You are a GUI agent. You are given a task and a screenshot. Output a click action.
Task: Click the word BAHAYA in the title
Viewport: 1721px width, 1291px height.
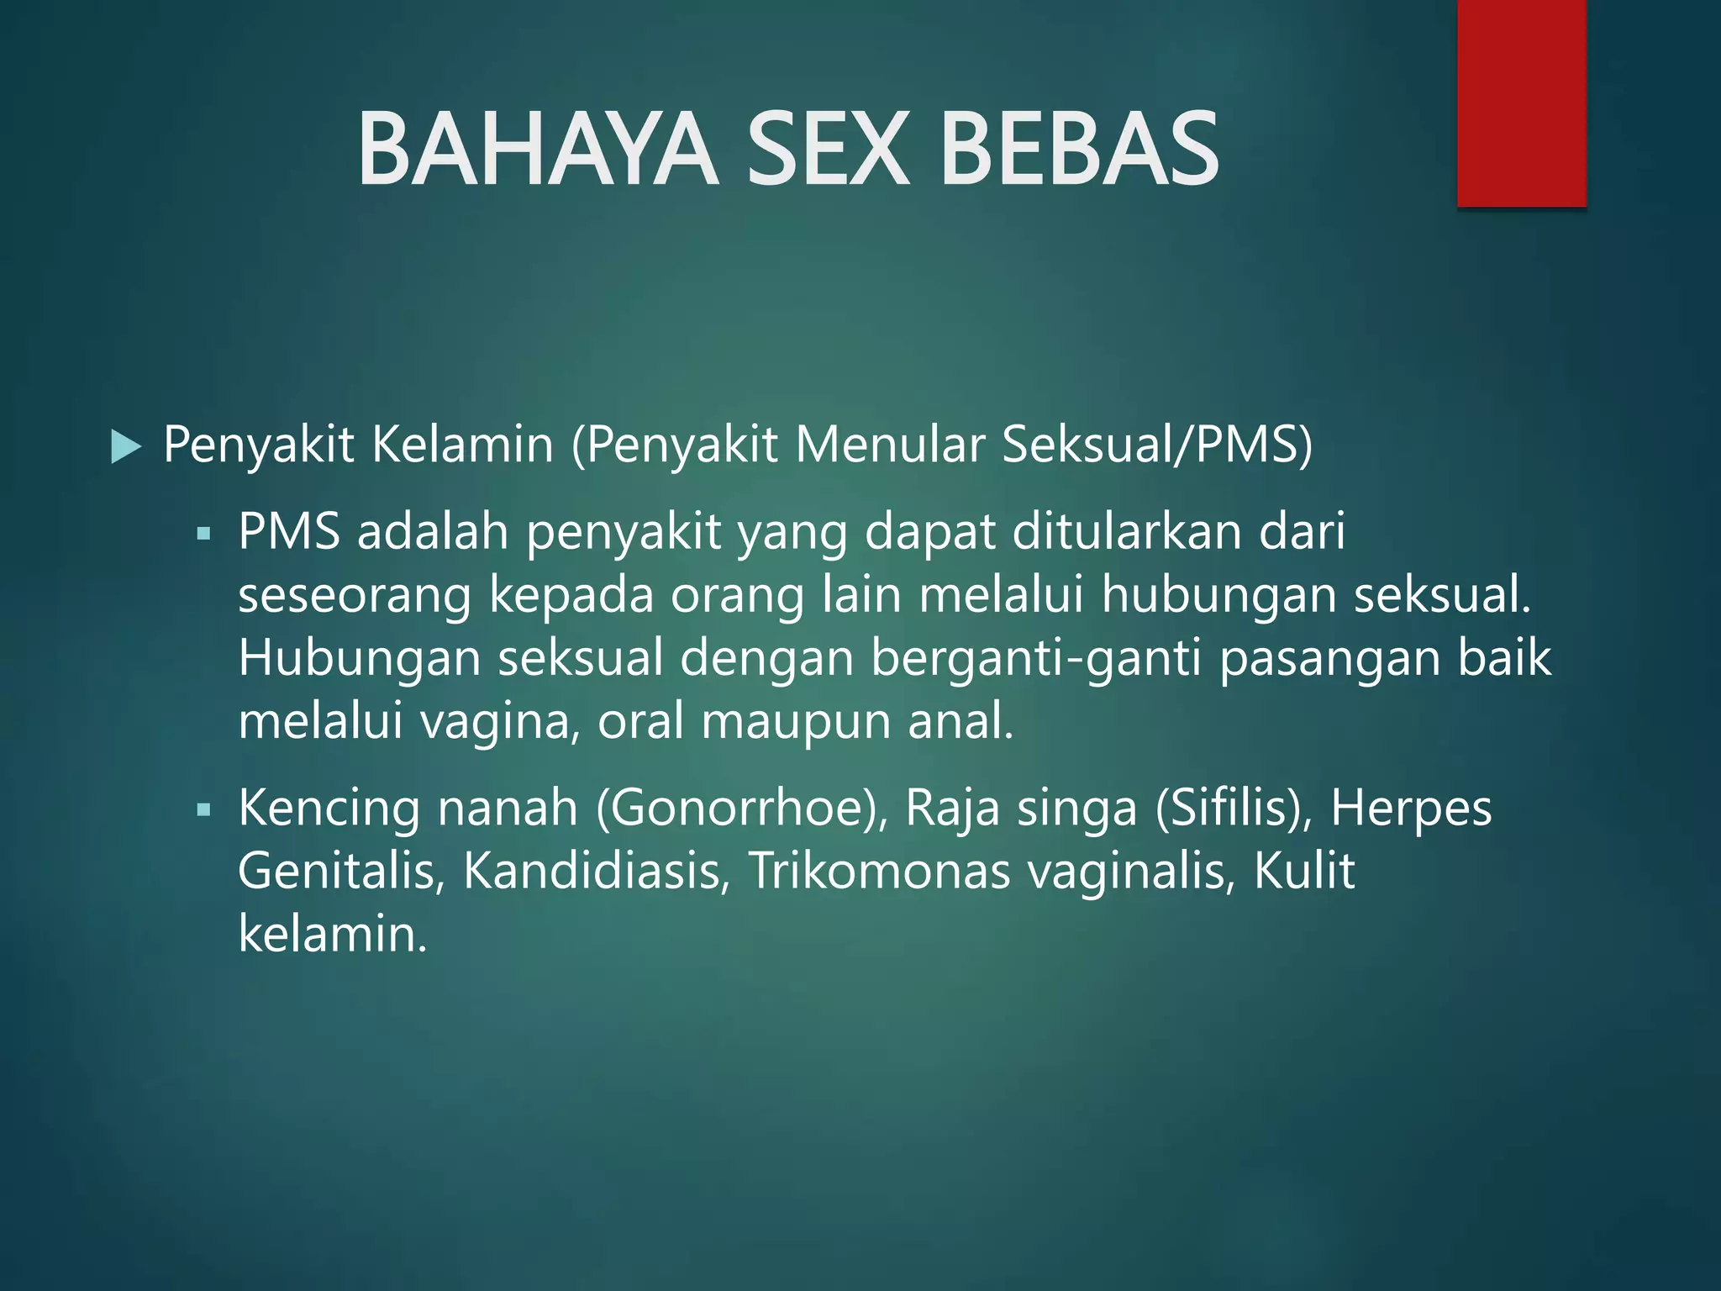(x=538, y=150)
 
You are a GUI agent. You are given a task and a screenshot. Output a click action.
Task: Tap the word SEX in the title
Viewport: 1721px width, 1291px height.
(x=828, y=150)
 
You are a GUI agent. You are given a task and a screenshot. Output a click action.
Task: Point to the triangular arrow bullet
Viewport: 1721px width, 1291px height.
(x=126, y=446)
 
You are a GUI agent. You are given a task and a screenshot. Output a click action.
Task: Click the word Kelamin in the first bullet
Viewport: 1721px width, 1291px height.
(x=462, y=445)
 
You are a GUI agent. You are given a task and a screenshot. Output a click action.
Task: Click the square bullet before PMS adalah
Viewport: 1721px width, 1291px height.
(x=203, y=534)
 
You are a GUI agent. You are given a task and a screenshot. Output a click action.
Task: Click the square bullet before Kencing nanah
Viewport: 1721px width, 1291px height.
(x=203, y=810)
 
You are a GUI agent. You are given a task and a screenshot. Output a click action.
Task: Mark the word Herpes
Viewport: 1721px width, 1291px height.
(x=1411, y=809)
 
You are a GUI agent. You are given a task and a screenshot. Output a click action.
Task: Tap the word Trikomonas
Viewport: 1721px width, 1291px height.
(x=879, y=871)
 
